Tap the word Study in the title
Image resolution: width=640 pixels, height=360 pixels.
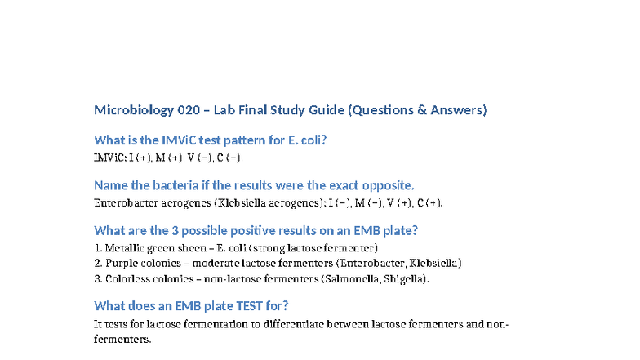coord(300,109)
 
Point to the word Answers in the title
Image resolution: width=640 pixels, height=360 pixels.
coord(458,109)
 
